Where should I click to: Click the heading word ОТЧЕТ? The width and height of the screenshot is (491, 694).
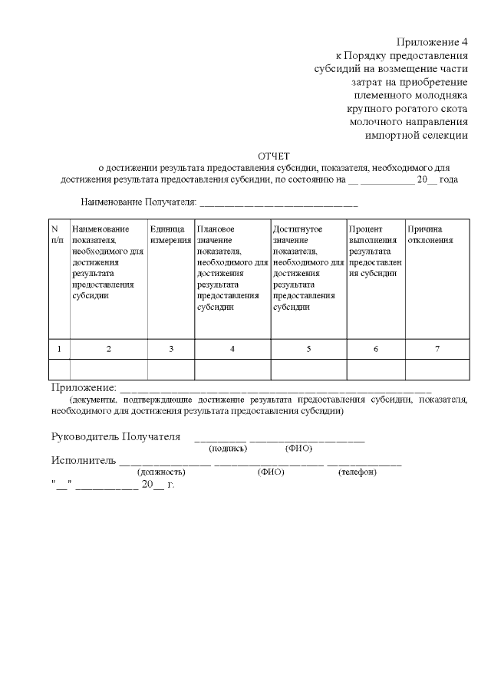[274, 155]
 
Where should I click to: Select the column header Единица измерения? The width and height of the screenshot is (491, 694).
[170, 235]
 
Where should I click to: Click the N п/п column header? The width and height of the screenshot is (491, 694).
[58, 235]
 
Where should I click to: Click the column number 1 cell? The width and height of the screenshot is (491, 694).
[59, 349]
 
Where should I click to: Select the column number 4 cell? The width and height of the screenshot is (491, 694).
[232, 349]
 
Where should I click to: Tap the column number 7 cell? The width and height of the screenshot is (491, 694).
[437, 349]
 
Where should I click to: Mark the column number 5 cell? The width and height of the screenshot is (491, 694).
[309, 349]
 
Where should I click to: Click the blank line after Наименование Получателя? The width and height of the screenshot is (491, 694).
[278, 204]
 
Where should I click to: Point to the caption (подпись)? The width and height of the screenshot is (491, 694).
[228, 448]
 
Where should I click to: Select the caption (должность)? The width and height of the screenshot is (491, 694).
[162, 472]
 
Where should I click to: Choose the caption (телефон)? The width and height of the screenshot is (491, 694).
[357, 472]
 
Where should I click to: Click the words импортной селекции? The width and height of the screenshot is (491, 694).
[417, 136]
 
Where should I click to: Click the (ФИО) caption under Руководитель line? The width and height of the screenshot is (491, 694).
[298, 448]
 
